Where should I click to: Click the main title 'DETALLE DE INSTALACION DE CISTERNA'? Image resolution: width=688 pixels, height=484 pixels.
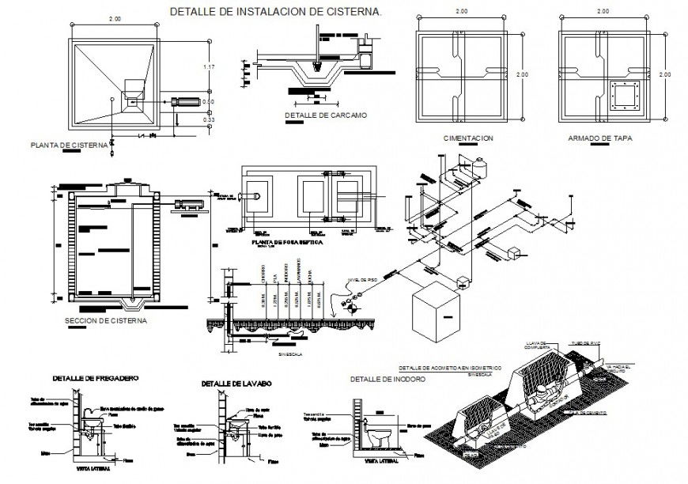tap(276, 13)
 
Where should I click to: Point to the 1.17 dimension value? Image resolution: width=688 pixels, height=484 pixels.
tap(209, 66)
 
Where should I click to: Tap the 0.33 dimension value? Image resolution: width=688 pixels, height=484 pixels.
tap(209, 119)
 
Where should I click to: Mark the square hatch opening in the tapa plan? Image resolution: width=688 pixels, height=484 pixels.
tap(625, 97)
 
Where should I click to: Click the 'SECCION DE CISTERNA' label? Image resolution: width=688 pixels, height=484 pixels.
tap(106, 321)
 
